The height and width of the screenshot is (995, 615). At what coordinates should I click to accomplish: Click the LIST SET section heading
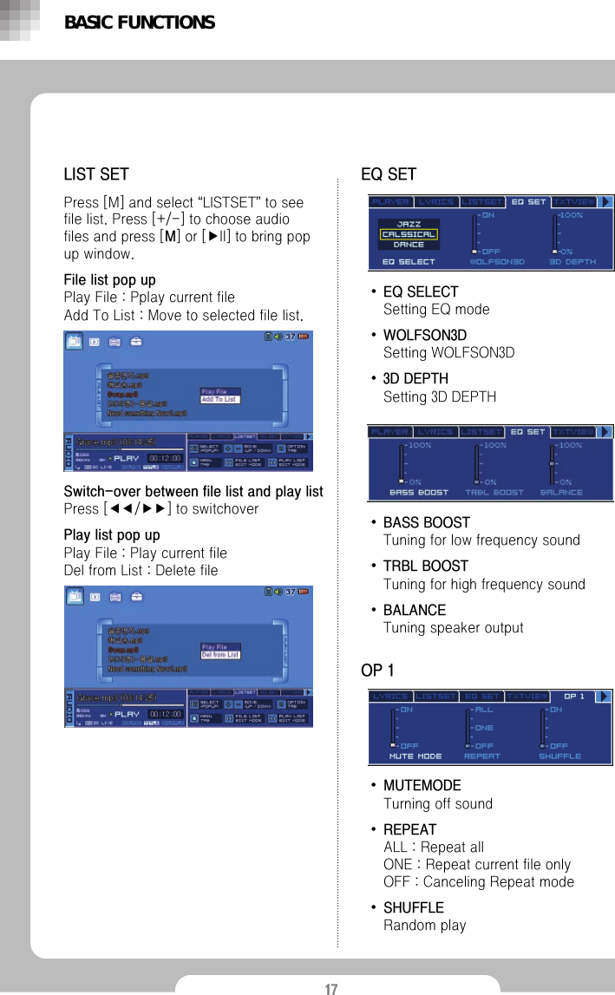click(96, 174)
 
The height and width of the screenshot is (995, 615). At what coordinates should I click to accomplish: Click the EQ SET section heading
click(388, 174)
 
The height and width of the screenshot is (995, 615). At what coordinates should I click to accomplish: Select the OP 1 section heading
click(376, 671)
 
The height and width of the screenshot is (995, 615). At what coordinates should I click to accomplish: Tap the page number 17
click(331, 989)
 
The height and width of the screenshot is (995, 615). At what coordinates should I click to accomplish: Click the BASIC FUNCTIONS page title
click(139, 23)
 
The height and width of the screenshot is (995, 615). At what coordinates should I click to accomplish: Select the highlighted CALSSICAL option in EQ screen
click(409, 234)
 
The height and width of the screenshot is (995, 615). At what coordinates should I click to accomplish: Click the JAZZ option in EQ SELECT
click(409, 223)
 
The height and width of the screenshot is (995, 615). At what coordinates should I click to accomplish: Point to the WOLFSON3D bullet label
click(424, 335)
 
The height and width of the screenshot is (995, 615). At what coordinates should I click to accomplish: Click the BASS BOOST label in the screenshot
click(419, 492)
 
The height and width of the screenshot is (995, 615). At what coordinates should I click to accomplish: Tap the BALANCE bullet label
click(414, 610)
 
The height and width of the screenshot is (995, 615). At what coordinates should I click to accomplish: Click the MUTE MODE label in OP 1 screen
click(415, 756)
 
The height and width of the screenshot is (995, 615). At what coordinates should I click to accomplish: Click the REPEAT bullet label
click(409, 829)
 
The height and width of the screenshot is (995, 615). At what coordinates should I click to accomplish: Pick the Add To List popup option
click(219, 399)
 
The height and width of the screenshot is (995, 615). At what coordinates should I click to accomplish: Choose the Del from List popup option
click(220, 655)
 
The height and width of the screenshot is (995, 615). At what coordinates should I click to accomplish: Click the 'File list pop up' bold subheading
click(110, 279)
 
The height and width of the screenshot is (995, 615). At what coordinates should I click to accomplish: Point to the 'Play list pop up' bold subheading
click(112, 535)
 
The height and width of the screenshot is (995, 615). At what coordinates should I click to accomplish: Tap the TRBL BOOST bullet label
click(425, 566)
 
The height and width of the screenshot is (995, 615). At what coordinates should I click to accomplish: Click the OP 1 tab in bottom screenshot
click(574, 696)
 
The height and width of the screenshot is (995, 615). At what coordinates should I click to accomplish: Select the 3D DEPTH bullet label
click(415, 379)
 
